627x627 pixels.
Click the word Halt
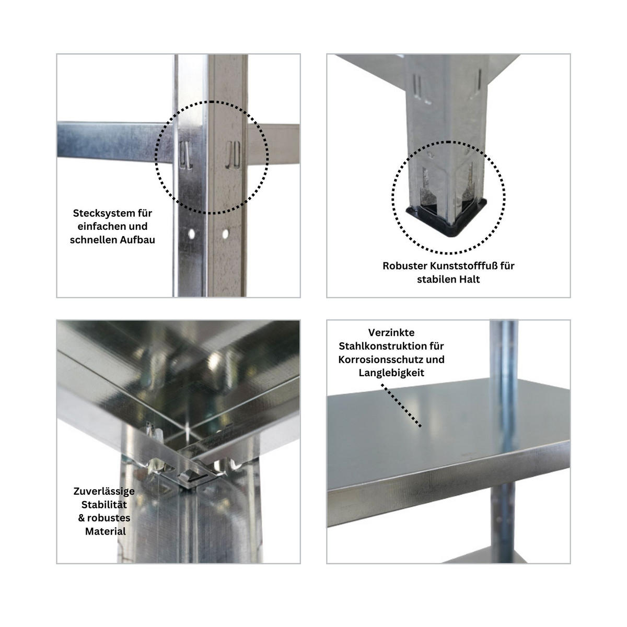(468, 280)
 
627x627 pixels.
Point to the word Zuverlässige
(104, 491)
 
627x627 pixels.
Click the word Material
(106, 531)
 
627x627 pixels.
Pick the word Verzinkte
(391, 333)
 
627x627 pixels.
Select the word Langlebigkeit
(391, 373)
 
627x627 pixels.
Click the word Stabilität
(104, 505)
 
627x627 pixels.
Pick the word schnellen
(92, 240)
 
